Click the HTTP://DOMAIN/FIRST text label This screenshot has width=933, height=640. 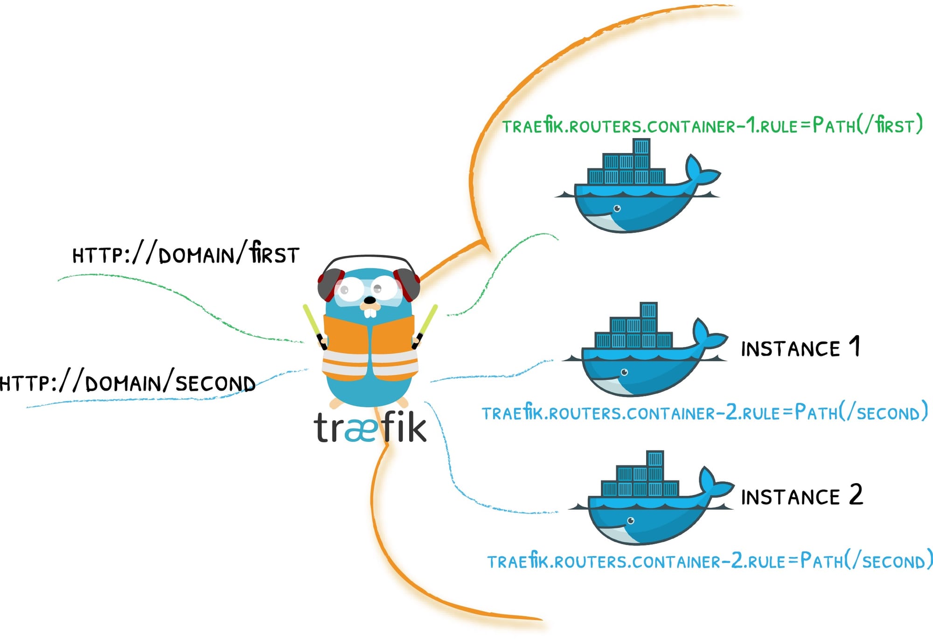coord(186,254)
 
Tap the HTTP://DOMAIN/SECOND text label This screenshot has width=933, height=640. coord(127,383)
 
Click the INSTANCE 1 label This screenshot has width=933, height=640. coord(800,348)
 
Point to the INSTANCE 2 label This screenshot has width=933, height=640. coord(801,496)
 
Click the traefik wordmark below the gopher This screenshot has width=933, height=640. coord(370,427)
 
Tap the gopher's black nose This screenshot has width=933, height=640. coord(369,300)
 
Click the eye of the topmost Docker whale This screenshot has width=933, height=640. coord(617,209)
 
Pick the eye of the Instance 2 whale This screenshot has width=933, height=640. coord(631,520)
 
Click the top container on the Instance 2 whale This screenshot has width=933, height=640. coord(655,458)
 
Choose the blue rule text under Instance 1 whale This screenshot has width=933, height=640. coord(704,413)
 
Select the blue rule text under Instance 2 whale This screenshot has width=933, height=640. coord(709,561)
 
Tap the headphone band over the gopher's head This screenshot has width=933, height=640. coord(369,258)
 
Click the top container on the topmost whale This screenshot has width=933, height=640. coord(641,147)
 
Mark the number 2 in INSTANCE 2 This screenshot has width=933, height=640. coord(856,495)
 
